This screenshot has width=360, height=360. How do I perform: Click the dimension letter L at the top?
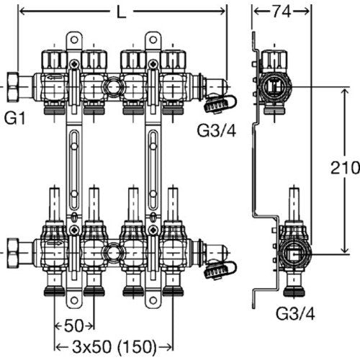pyautogui.click(x=121, y=12)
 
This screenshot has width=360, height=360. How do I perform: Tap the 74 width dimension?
pyautogui.click(x=282, y=12)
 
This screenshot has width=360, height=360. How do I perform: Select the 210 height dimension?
pyautogui.click(x=345, y=167)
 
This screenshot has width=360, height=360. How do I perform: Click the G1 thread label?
pyautogui.click(x=15, y=117)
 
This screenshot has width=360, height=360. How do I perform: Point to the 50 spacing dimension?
pyautogui.click(x=73, y=325)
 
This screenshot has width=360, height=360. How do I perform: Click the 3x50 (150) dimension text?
pyautogui.click(x=114, y=347)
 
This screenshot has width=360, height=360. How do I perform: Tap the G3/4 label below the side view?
pyautogui.click(x=295, y=313)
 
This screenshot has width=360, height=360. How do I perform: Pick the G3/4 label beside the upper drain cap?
pyautogui.click(x=217, y=130)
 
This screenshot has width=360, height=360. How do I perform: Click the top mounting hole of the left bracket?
pyautogui.click(x=74, y=40)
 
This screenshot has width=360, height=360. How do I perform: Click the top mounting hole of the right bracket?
pyautogui.click(x=153, y=40)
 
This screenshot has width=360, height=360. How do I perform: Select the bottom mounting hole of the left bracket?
pyautogui.click(x=74, y=300)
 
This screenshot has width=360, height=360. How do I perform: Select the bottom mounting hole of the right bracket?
pyautogui.click(x=153, y=300)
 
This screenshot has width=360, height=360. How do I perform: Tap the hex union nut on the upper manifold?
pyautogui.click(x=12, y=87)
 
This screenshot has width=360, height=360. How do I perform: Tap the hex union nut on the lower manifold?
pyautogui.click(x=12, y=253)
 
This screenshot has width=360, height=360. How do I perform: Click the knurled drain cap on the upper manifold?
pyautogui.click(x=215, y=104)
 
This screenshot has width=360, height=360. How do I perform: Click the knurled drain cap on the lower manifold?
pyautogui.click(x=215, y=271)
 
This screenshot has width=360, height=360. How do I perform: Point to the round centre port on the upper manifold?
pyautogui.click(x=113, y=86)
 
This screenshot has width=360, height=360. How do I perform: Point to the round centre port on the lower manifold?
pyautogui.click(x=113, y=253)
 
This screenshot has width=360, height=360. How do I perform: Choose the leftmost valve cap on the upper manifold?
pyautogui.click(x=54, y=61)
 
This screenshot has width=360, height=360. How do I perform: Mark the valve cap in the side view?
pyautogui.click(x=274, y=61)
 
